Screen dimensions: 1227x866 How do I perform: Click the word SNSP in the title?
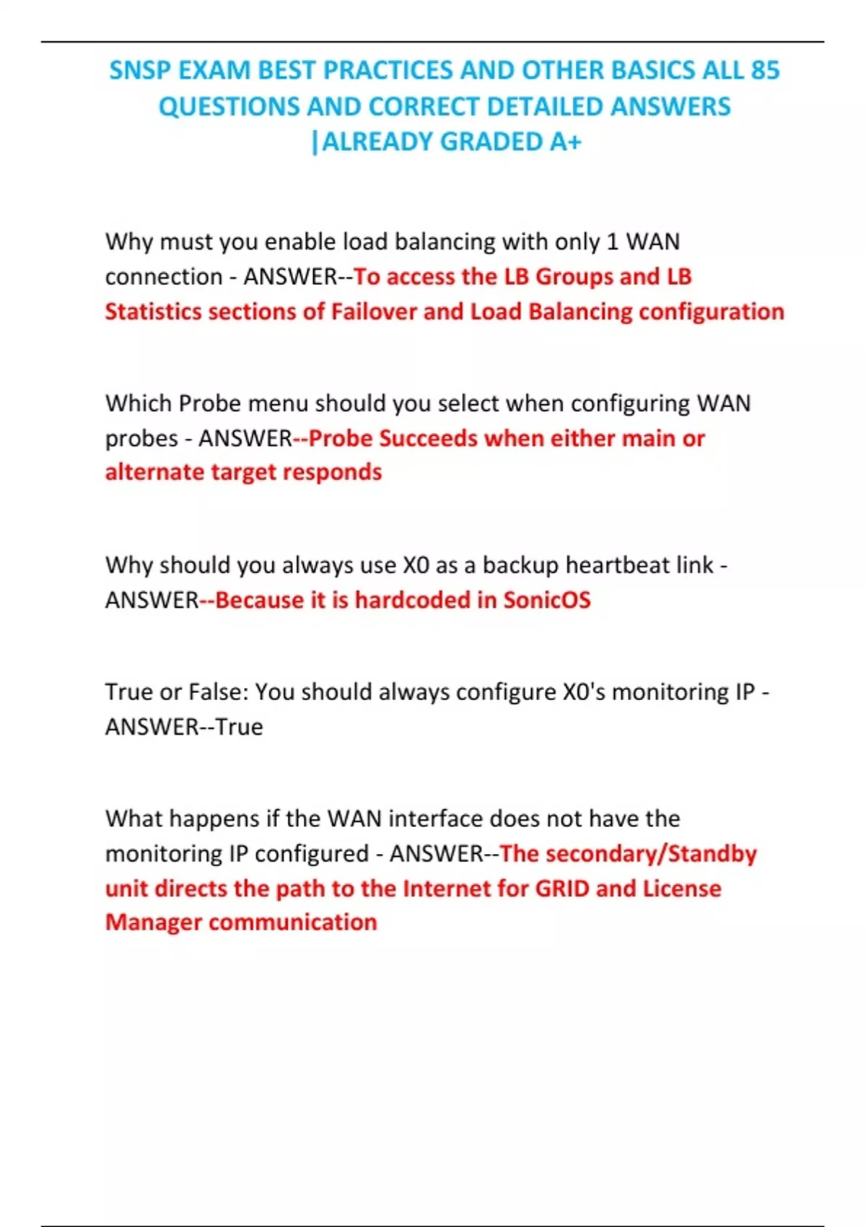[140, 71]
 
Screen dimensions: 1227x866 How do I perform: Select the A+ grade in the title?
[565, 142]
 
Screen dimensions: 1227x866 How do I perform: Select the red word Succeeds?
[428, 438]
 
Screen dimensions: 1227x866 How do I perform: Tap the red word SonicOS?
[546, 600]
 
